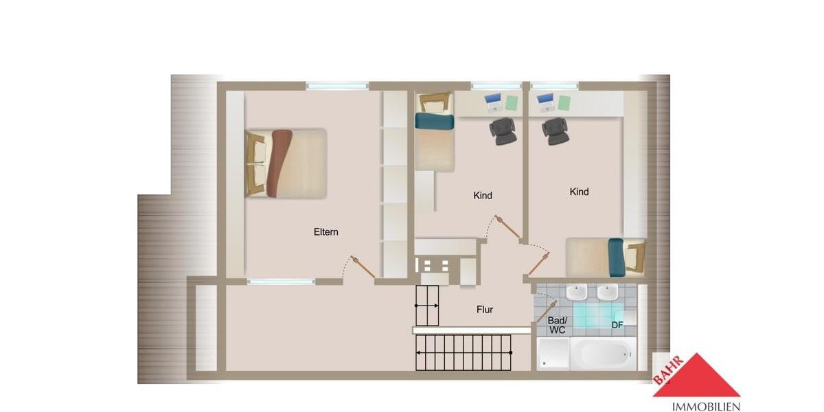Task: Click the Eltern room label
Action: click(325, 232)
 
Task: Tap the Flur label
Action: click(485, 310)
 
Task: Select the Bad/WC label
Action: click(556, 325)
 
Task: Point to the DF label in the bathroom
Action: click(617, 325)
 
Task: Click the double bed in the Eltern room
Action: click(286, 163)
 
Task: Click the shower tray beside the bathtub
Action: click(553, 354)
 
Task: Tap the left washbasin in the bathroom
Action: click(575, 293)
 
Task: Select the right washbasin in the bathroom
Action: click(607, 293)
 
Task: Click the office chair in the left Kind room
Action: click(504, 130)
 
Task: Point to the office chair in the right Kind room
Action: click(555, 130)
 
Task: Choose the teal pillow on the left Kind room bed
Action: click(434, 122)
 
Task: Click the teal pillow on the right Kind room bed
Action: click(616, 257)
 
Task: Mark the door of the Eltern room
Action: click(363, 266)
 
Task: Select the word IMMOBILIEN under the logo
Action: click(696, 406)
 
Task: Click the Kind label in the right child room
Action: click(579, 192)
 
